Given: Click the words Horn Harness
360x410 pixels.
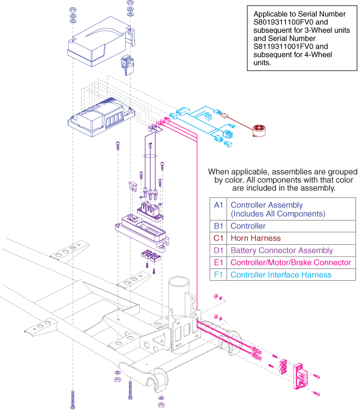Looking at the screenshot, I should tap(255, 239).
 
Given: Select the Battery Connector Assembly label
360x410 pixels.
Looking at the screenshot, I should tap(282, 250).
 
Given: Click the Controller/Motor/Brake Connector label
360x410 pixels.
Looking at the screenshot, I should tap(291, 263).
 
